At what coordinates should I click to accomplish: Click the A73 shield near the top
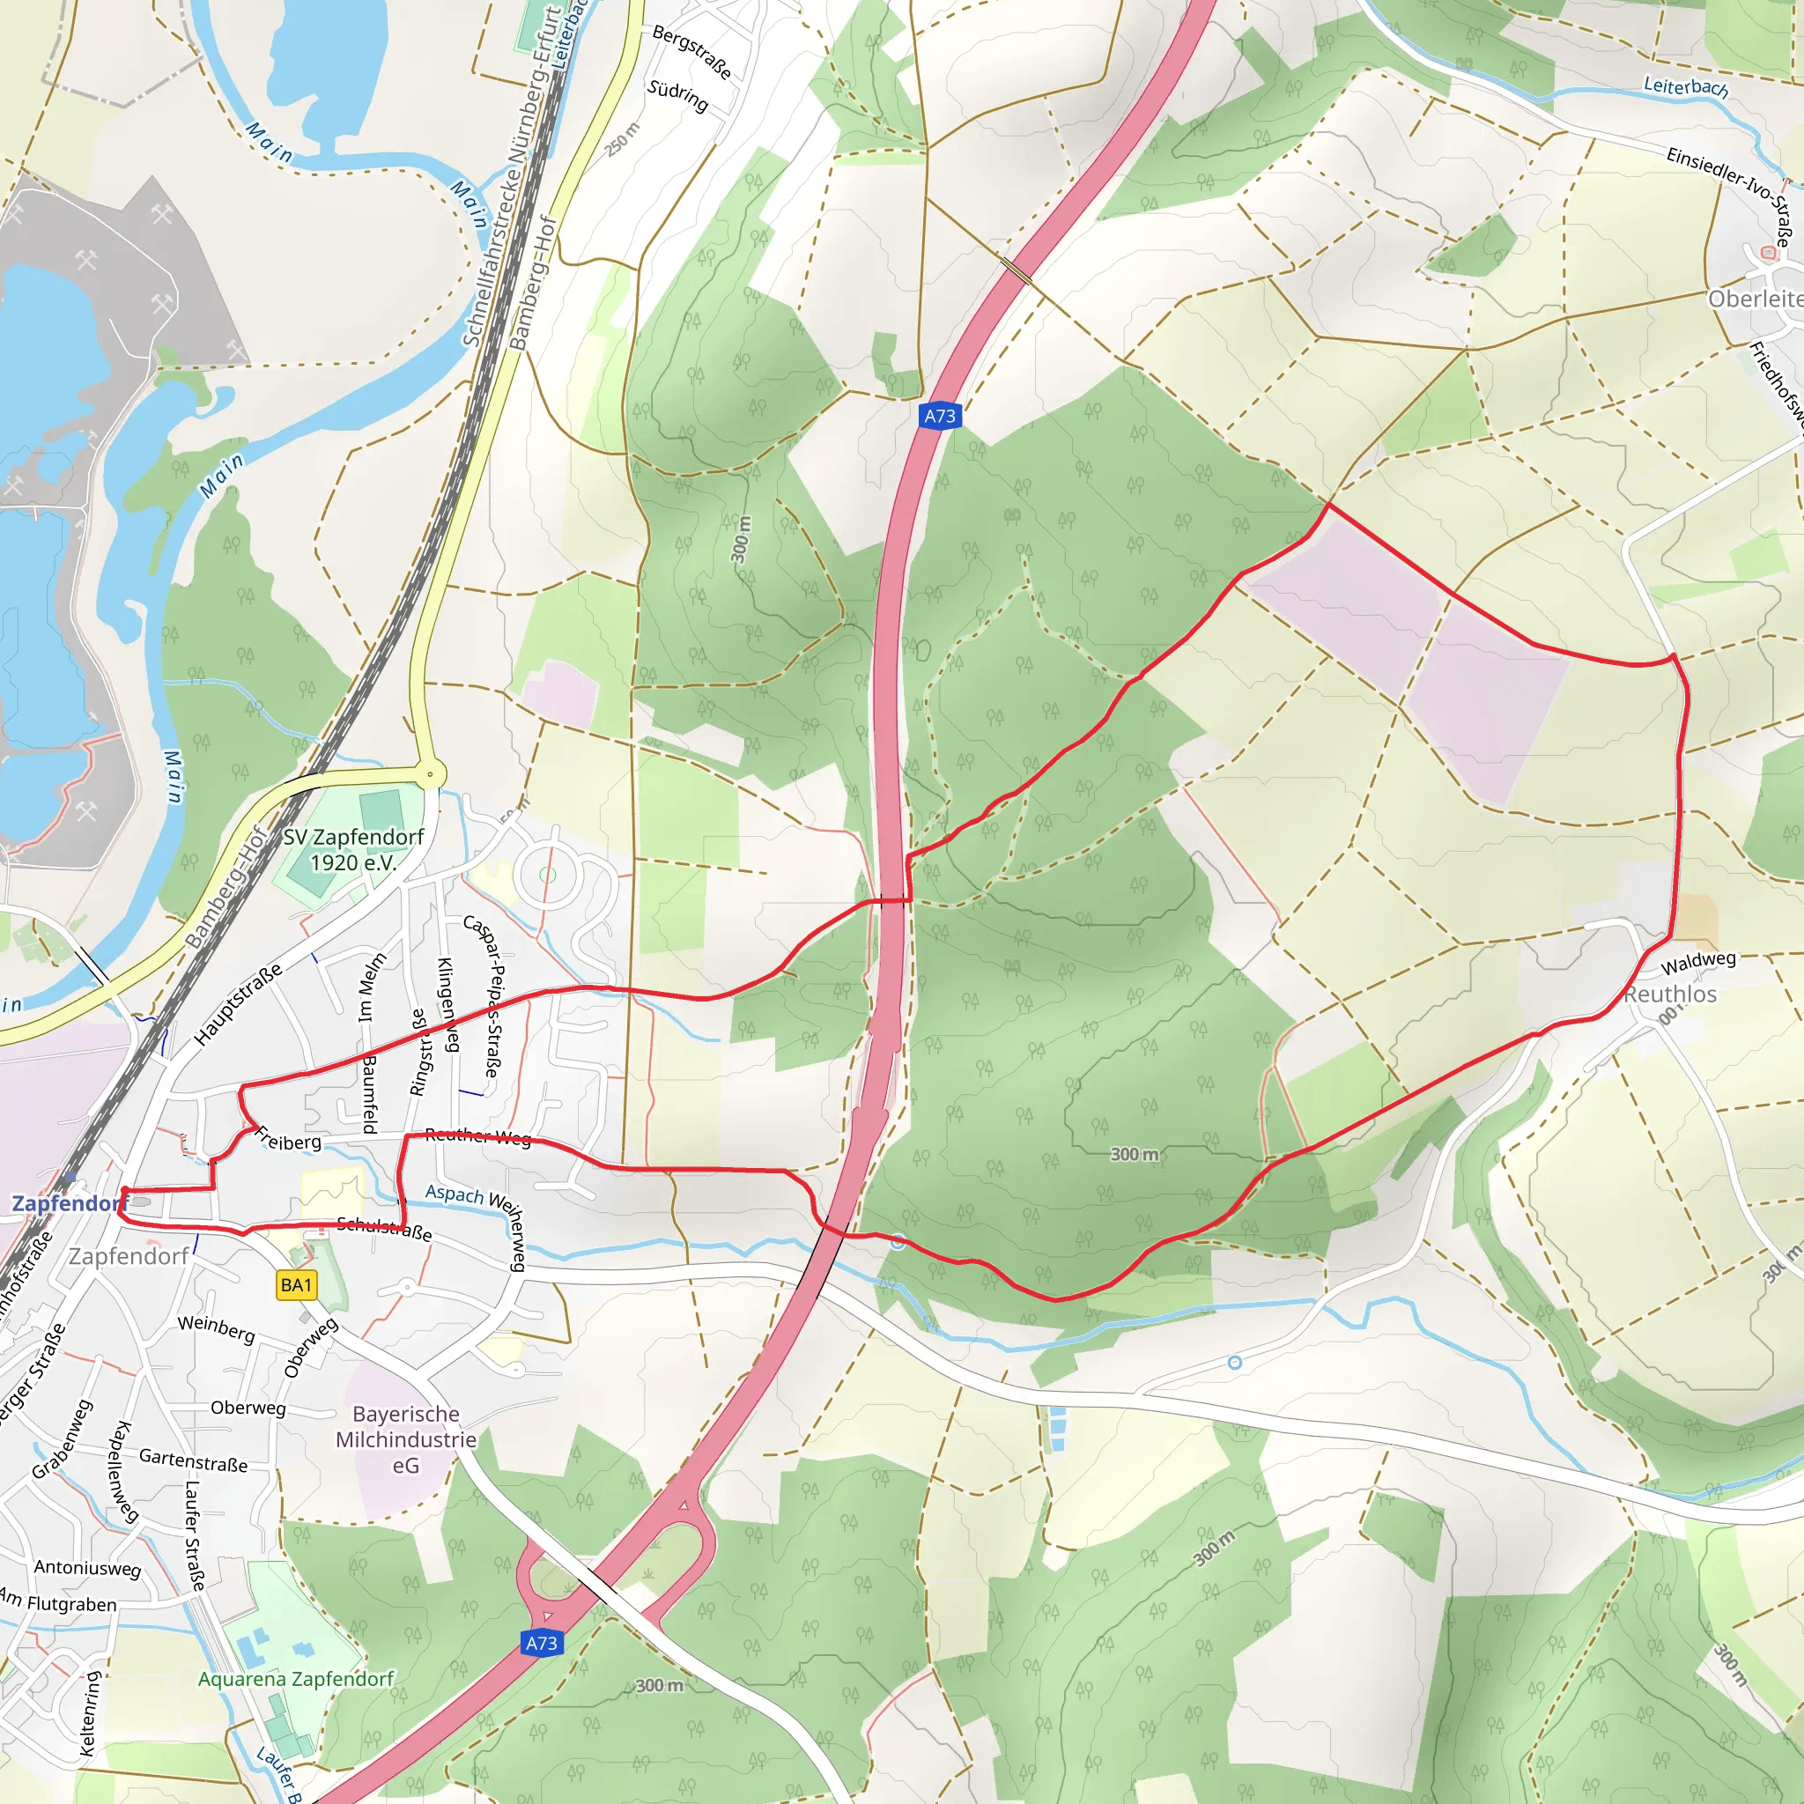click(x=939, y=417)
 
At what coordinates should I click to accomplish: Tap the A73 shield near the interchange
click(x=542, y=1644)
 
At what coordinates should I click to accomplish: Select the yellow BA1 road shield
click(x=296, y=1285)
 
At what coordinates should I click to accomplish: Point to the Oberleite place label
click(x=1755, y=299)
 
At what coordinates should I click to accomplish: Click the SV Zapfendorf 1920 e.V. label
click(x=354, y=850)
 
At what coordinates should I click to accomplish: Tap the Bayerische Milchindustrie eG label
click(x=405, y=1440)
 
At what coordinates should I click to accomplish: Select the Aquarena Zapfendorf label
click(x=296, y=1679)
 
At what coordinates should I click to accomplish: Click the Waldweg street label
click(x=1698, y=962)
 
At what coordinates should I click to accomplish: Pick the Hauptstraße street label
click(x=237, y=1005)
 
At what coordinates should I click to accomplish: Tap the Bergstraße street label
click(x=691, y=51)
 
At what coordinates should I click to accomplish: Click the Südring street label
click(x=678, y=95)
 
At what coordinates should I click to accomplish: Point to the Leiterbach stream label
click(x=1685, y=87)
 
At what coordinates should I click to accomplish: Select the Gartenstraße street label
click(x=193, y=1460)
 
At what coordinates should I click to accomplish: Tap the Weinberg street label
click(x=217, y=1327)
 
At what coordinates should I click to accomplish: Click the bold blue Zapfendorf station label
click(x=67, y=1202)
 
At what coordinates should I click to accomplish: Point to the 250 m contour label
click(x=622, y=139)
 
